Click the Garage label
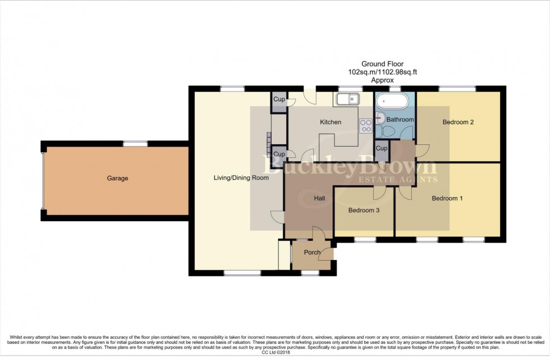pos(118,179)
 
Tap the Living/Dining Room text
pos(241,178)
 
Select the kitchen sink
pos(349,100)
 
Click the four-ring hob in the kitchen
pos(366,126)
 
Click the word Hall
pos(319,198)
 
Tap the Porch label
pos(312,252)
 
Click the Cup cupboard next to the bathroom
pos(382,149)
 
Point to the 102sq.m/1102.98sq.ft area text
pos(382,72)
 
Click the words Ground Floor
pos(382,65)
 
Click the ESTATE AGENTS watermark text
pos(397,180)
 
